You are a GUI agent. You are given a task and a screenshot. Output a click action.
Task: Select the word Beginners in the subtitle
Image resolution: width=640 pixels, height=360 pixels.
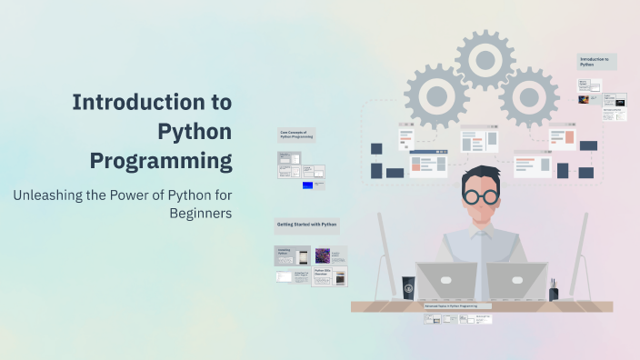click(201, 214)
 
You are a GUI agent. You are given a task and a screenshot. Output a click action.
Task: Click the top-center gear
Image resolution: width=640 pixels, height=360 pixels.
click(485, 60)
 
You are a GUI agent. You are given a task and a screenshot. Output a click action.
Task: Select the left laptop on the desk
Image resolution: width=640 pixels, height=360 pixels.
click(446, 282)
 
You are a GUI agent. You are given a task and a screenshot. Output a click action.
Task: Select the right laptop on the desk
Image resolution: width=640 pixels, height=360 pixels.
click(515, 282)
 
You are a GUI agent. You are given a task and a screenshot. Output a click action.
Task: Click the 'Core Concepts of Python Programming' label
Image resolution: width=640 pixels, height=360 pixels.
click(295, 135)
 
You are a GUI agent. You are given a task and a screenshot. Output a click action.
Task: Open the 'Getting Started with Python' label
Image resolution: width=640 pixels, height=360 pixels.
click(306, 225)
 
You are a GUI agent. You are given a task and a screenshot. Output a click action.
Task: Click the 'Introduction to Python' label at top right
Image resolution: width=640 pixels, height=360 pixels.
click(596, 62)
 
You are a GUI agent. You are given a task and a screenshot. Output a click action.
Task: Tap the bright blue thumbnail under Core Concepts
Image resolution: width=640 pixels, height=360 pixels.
click(307, 185)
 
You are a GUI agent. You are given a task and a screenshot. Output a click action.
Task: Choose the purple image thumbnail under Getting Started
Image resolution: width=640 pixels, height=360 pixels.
click(323, 256)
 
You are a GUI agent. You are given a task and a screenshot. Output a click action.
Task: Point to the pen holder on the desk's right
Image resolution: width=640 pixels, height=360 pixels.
click(553, 291)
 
